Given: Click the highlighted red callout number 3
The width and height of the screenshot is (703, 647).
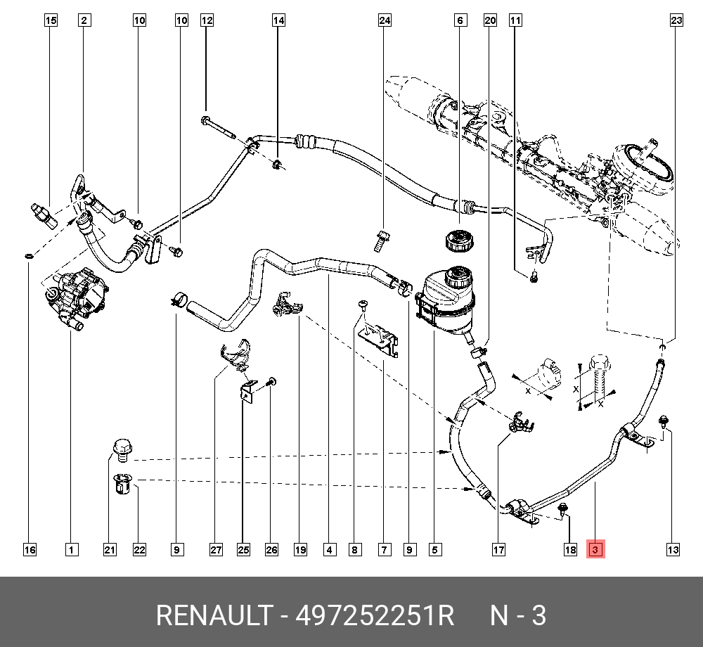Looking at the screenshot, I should click(595, 550).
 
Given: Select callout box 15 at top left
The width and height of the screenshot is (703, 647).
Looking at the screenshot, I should click(51, 20).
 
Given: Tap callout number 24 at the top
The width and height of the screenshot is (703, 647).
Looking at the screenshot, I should click(385, 20).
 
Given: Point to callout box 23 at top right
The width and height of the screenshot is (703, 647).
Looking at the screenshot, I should click(676, 20).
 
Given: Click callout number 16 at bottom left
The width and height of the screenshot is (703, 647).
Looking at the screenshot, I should click(30, 550).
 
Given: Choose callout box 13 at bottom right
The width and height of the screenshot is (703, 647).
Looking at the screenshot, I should click(673, 550).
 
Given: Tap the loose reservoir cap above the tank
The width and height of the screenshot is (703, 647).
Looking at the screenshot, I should click(458, 241).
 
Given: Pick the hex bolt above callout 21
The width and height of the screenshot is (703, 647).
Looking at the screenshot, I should click(122, 449).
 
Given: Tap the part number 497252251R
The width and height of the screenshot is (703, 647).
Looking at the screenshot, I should click(375, 615).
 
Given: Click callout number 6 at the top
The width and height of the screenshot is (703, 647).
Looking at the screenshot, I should click(460, 20).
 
